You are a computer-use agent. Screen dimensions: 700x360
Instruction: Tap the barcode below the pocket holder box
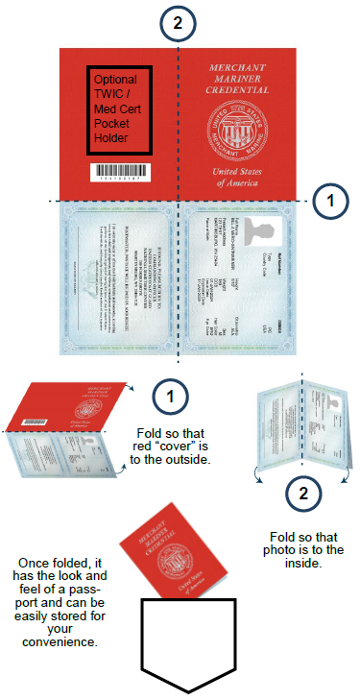point(120,174)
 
